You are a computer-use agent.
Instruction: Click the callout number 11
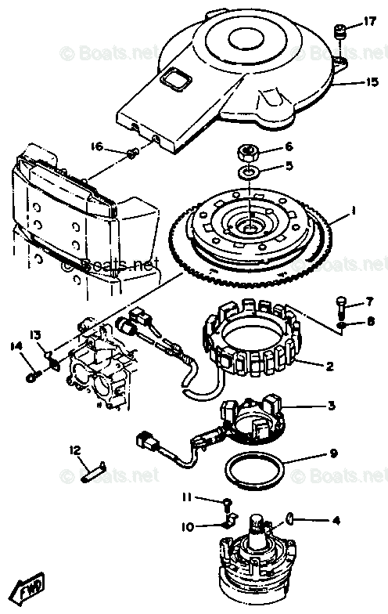(x=187, y=497)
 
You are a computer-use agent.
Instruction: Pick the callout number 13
(x=36, y=335)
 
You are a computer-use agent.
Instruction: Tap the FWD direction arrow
(x=31, y=586)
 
